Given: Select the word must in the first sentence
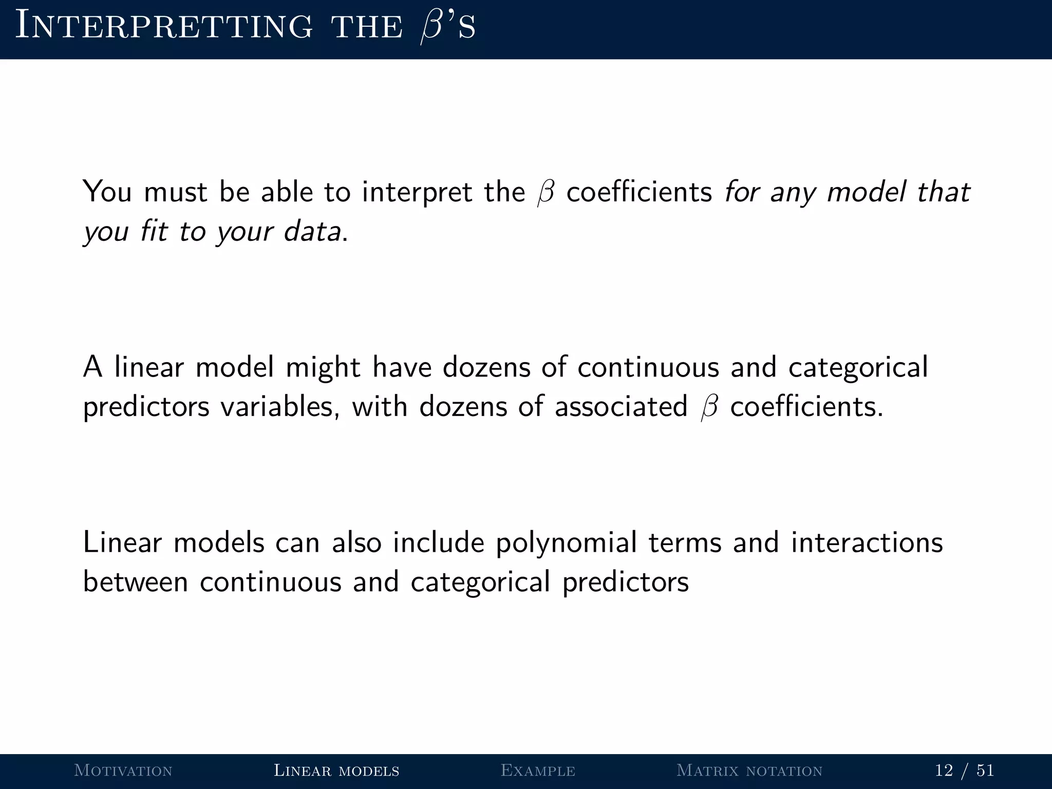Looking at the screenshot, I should (x=176, y=193).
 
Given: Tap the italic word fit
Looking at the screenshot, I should (x=154, y=231).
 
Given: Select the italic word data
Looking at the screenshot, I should (x=312, y=231).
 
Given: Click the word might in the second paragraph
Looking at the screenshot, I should (x=323, y=368).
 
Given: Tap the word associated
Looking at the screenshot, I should (x=621, y=407).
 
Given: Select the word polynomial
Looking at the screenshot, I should (x=566, y=543).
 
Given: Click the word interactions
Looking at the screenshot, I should (x=867, y=542).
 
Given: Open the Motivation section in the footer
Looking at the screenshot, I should (x=123, y=771).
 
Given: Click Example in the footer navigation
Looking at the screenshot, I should (x=538, y=771).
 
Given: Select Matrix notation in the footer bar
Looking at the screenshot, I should (x=749, y=771).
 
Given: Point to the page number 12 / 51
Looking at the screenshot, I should (x=965, y=771).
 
